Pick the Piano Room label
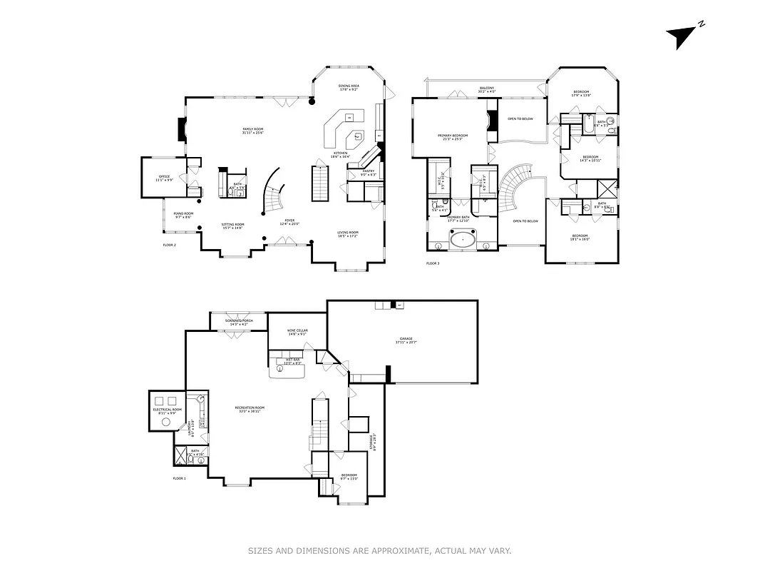[x=183, y=214]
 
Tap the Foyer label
[x=289, y=222]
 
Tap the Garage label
[x=406, y=340]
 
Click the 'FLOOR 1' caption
[x=179, y=478]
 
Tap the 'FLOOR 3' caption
[x=433, y=264]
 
